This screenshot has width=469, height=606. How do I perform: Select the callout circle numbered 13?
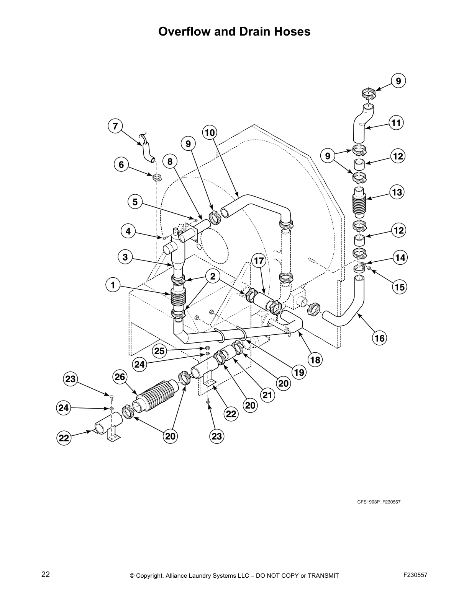tap(397, 192)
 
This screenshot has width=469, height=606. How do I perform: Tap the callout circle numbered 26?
tap(120, 377)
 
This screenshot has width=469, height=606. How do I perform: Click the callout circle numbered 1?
tap(113, 285)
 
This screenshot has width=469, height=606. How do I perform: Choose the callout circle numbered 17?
tap(259, 261)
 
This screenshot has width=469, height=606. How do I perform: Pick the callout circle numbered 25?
tap(160, 351)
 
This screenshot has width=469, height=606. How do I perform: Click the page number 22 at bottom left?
tap(46, 574)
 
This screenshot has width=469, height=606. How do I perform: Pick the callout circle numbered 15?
tap(399, 287)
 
